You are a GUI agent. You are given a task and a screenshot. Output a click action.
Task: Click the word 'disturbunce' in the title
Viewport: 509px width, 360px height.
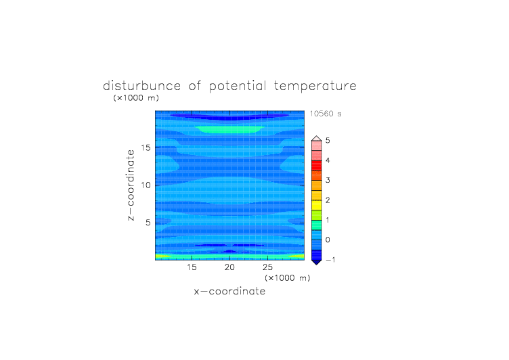click(x=141, y=86)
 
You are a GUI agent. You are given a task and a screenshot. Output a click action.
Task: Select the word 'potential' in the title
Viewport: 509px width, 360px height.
click(x=238, y=87)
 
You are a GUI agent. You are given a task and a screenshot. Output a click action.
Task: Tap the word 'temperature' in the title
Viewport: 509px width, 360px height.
click(x=315, y=87)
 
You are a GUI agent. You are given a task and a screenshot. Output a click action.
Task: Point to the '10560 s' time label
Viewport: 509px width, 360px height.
click(x=326, y=114)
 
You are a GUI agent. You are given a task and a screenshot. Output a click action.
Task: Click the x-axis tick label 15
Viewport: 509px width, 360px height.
click(x=192, y=267)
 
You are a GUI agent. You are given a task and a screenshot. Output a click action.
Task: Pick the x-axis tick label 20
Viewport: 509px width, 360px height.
click(x=229, y=267)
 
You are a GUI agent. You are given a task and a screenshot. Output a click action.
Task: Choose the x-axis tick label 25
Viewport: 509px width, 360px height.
click(x=267, y=267)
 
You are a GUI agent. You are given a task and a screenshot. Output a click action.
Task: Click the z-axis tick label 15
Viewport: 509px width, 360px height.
click(x=146, y=148)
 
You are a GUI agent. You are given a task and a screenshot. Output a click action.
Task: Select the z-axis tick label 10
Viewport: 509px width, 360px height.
click(x=146, y=185)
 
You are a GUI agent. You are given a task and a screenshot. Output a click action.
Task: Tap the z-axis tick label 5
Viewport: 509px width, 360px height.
click(x=148, y=223)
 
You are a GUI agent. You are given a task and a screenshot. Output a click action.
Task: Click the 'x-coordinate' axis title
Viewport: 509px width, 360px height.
click(x=229, y=291)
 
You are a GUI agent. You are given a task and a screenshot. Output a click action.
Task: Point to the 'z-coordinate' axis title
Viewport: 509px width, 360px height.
click(x=131, y=185)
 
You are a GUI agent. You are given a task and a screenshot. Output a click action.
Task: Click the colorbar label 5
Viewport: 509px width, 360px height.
click(x=328, y=140)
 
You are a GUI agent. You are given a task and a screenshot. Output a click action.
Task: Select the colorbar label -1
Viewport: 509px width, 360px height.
click(x=330, y=260)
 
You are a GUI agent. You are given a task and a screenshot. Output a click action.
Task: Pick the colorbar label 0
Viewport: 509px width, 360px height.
click(x=328, y=240)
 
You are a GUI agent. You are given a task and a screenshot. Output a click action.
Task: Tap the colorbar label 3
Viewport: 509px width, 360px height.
click(x=328, y=180)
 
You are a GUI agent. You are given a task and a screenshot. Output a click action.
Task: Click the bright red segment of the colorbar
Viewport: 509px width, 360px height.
click(x=317, y=165)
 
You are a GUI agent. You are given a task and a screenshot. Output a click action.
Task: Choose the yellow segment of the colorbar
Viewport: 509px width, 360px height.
click(x=317, y=205)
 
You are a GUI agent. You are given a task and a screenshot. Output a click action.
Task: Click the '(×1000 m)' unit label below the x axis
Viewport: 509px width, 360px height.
click(x=287, y=278)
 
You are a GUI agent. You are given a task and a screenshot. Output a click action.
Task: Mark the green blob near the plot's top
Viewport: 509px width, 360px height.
click(x=230, y=129)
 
